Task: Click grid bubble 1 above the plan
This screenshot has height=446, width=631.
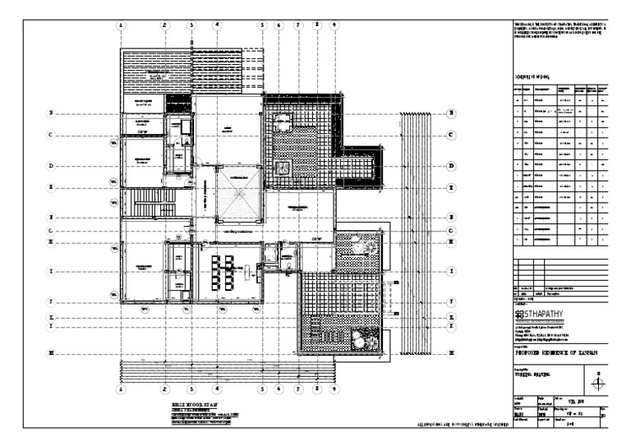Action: pyautogui.click(x=121, y=25)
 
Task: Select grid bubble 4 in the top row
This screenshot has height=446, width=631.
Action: pyautogui.click(x=217, y=25)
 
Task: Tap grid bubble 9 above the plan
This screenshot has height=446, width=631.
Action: pyautogui.click(x=334, y=25)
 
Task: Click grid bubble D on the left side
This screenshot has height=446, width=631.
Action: pyautogui.click(x=50, y=166)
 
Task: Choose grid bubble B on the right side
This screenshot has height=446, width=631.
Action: pyautogui.click(x=451, y=113)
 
